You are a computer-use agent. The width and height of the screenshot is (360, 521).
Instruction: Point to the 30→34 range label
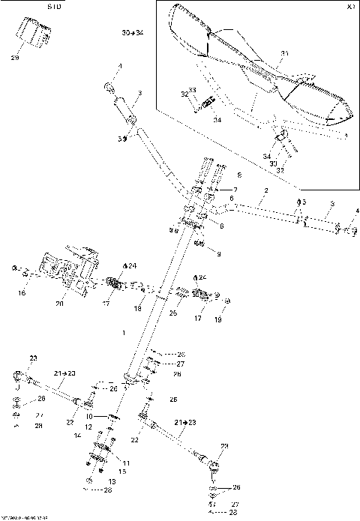132,34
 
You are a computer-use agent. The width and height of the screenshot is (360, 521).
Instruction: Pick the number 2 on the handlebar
265,192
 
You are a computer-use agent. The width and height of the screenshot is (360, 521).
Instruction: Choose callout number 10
88,416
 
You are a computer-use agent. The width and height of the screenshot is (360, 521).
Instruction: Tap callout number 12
88,427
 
